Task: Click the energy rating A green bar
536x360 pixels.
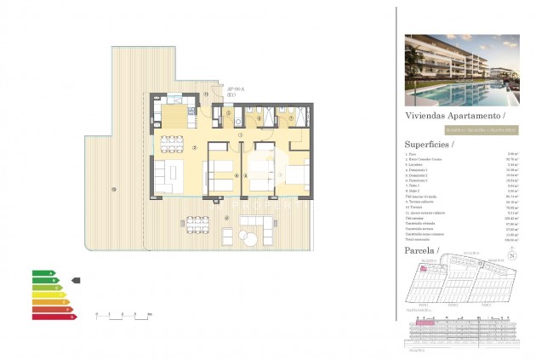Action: pyautogui.click(x=43, y=272)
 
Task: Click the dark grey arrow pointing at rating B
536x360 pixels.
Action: pyautogui.click(x=75, y=279)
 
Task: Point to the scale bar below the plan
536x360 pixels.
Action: pyautogui.click(x=123, y=314)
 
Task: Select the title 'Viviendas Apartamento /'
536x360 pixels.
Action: pyautogui.click(x=454, y=114)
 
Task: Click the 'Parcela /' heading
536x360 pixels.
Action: pyautogui.click(x=423, y=253)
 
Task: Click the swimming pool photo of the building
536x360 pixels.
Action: pyautogui.click(x=461, y=70)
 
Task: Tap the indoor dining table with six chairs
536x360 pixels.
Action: pyautogui.click(x=173, y=141)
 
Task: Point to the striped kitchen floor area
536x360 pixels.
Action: pyautogui.click(x=173, y=114)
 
